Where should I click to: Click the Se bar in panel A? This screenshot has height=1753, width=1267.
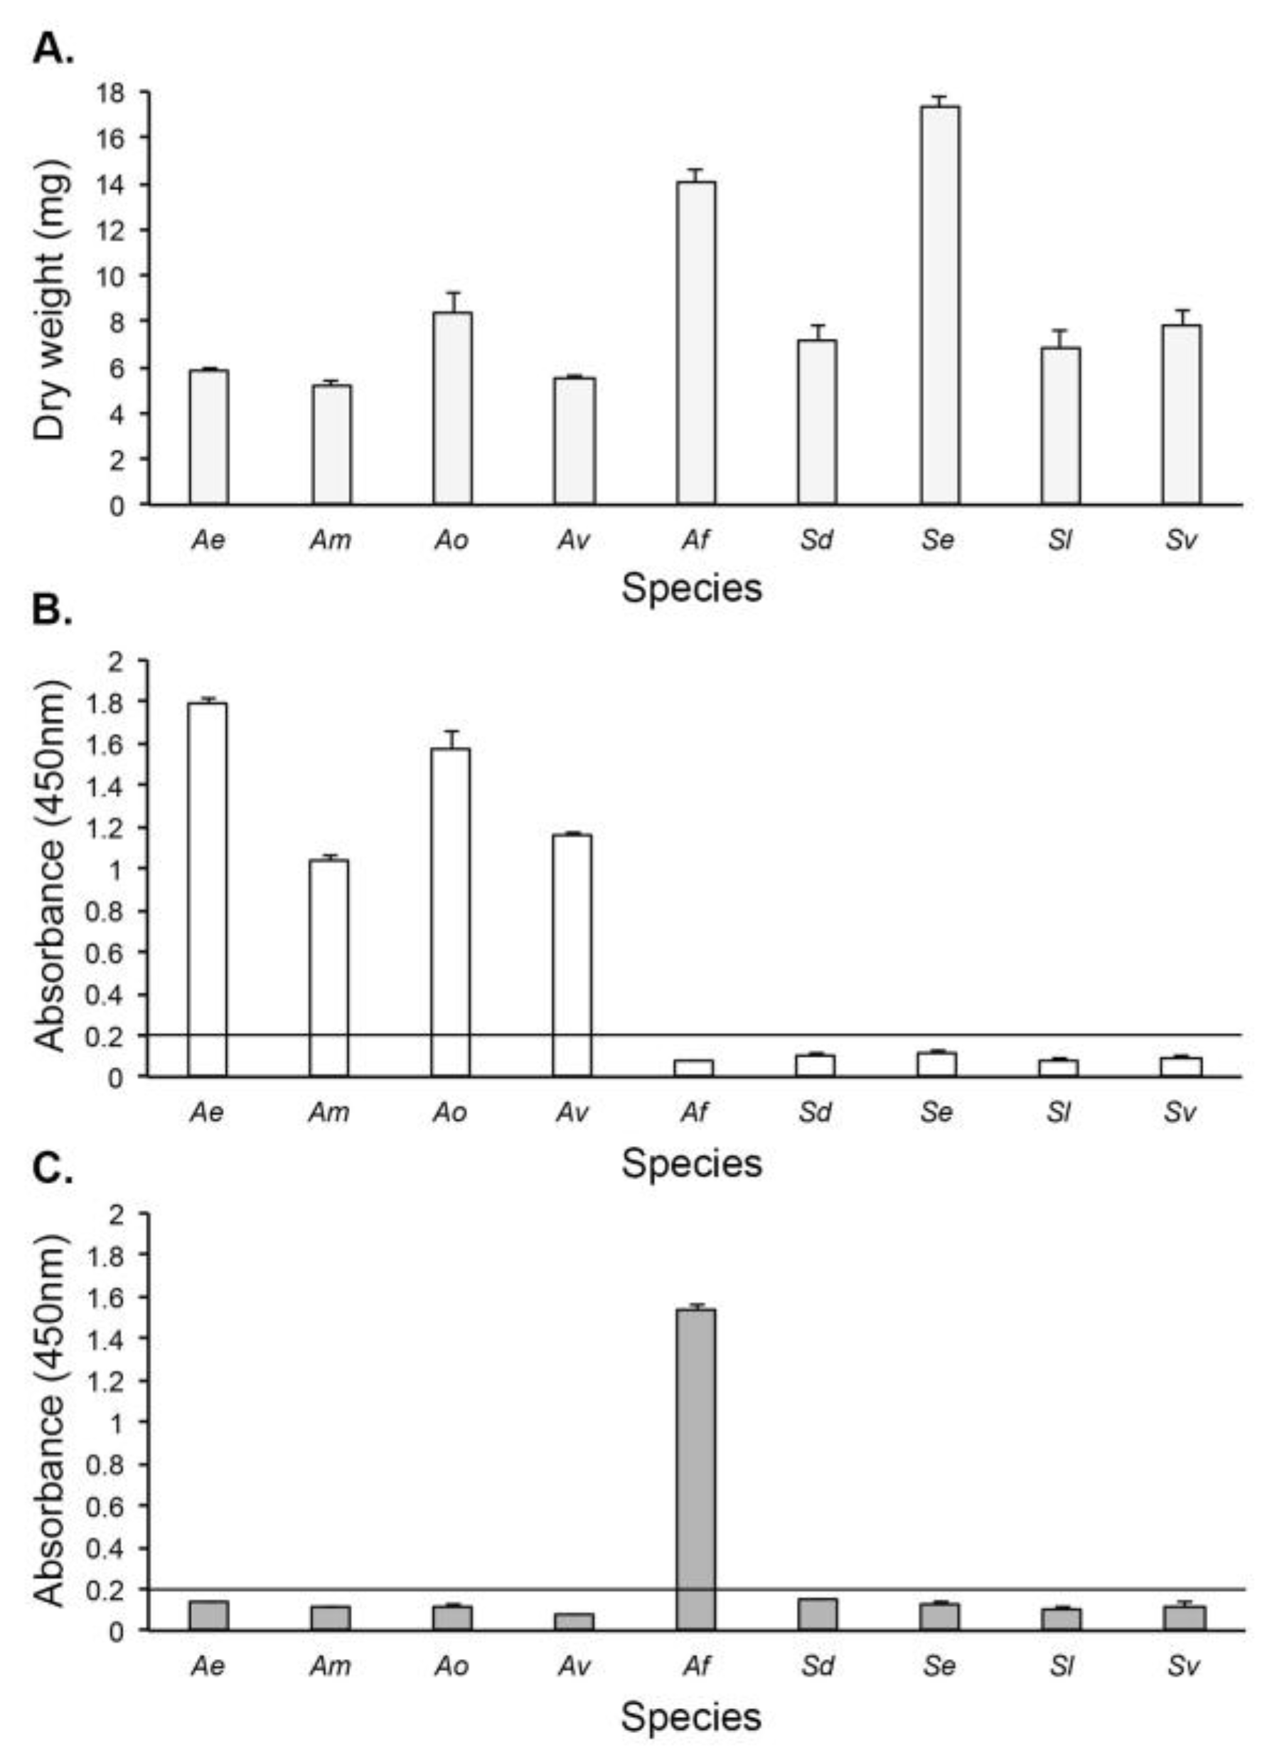point(939,305)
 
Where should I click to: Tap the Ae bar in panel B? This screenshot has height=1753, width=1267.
point(208,889)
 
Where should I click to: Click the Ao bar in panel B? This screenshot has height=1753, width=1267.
point(450,912)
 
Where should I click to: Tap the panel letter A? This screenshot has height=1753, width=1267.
point(53,50)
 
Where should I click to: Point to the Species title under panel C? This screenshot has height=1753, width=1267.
point(691,1716)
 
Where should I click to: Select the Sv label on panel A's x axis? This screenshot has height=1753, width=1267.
point(1181,539)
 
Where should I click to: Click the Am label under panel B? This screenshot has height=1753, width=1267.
point(329,1112)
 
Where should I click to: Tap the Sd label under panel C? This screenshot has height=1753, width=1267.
point(818,1665)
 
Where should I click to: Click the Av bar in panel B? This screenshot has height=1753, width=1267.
point(572,955)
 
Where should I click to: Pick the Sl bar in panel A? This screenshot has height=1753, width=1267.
point(1061,425)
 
